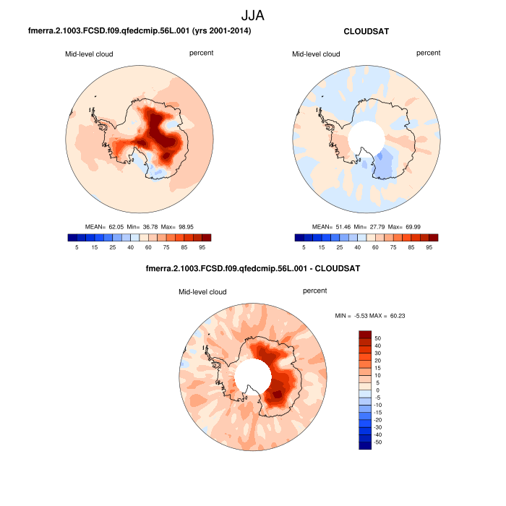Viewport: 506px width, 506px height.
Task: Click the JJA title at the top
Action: point(253,15)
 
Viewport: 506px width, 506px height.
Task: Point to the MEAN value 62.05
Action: point(117,226)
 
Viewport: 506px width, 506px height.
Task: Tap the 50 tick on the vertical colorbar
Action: point(377,338)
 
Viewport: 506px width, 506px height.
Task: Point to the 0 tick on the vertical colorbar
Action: point(377,390)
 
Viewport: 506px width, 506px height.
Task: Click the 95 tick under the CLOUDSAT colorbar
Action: point(429,247)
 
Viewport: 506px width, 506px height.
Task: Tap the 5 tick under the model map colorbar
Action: point(77,247)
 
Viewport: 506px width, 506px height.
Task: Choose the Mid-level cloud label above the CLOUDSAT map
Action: point(315,54)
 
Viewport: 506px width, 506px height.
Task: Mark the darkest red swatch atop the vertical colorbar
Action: point(365,334)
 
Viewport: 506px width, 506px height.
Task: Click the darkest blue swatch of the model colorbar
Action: point(72,236)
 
